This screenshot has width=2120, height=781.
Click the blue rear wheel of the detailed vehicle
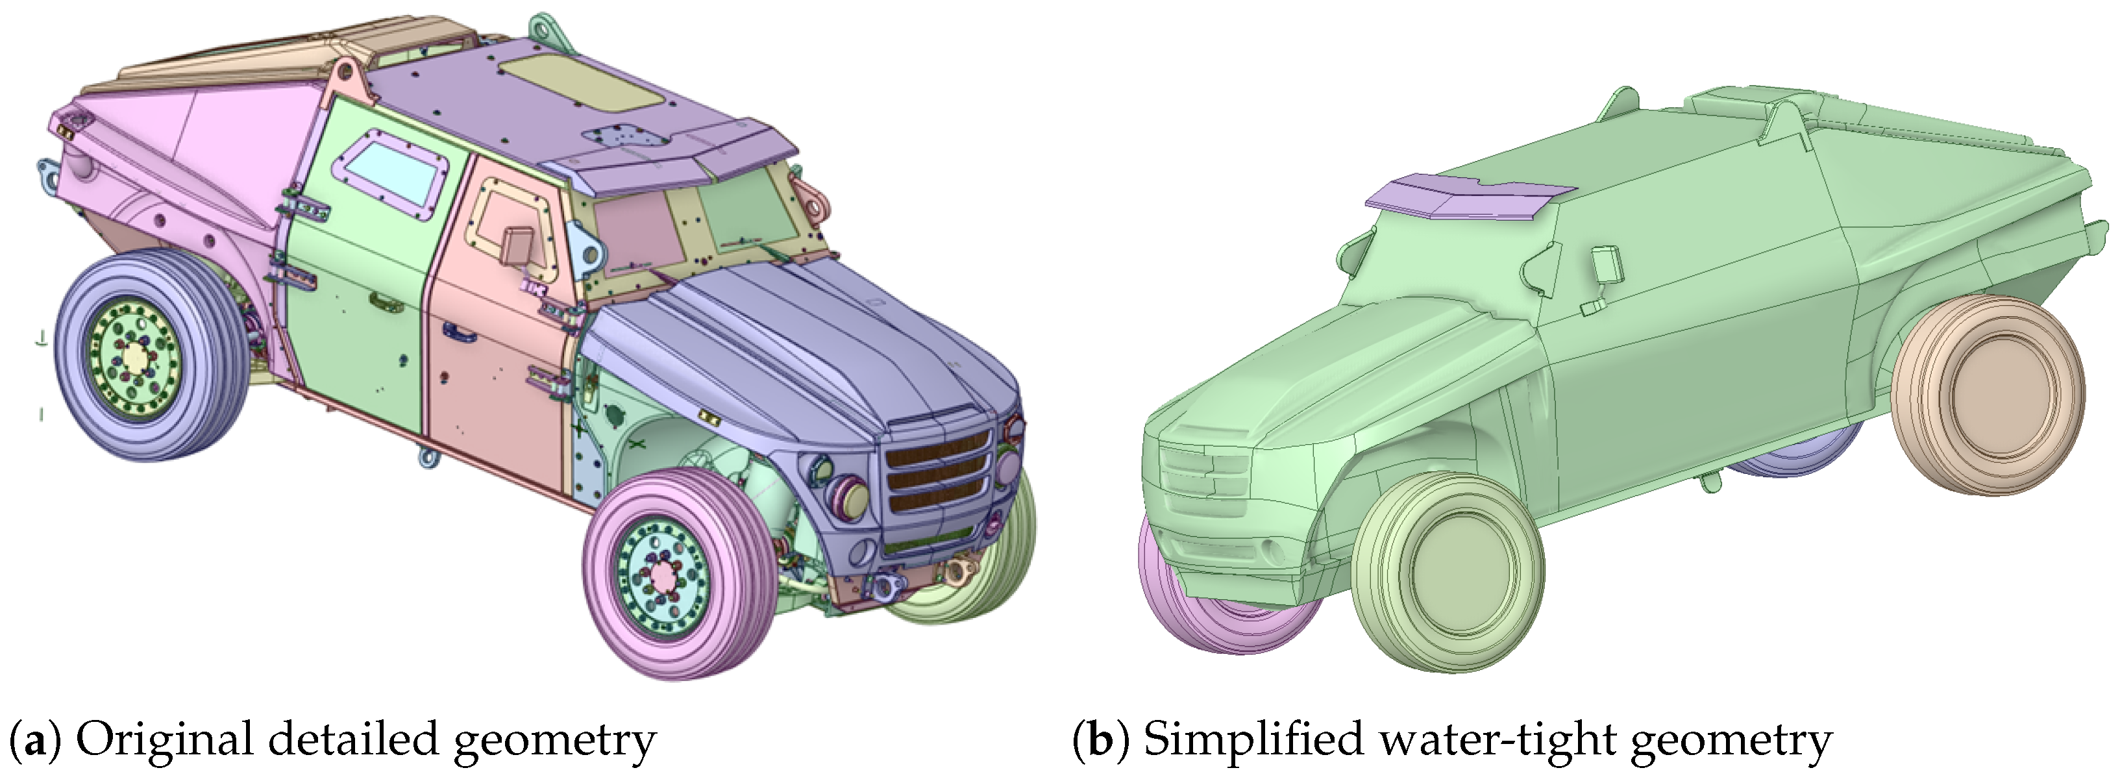pos(148,356)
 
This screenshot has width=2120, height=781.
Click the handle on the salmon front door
pos(457,332)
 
